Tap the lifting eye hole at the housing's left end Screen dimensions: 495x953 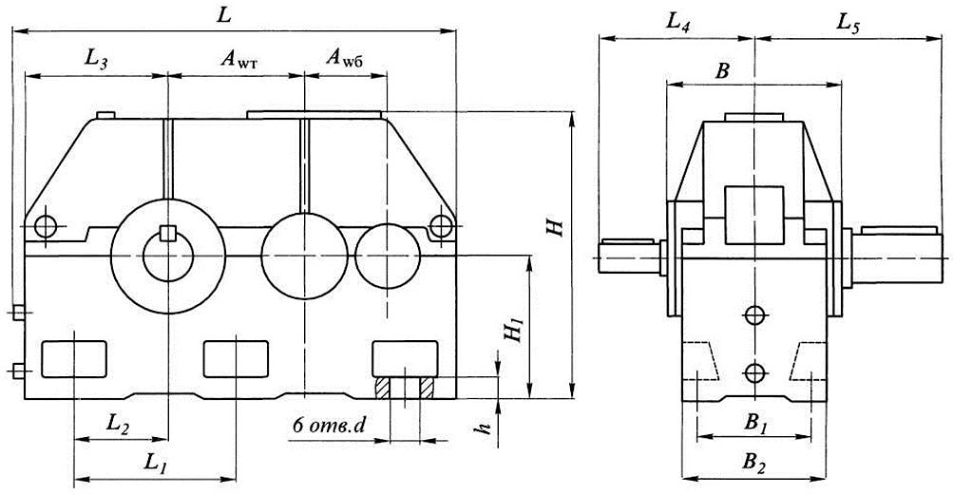[44, 226]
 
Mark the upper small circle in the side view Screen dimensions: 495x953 [755, 314]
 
